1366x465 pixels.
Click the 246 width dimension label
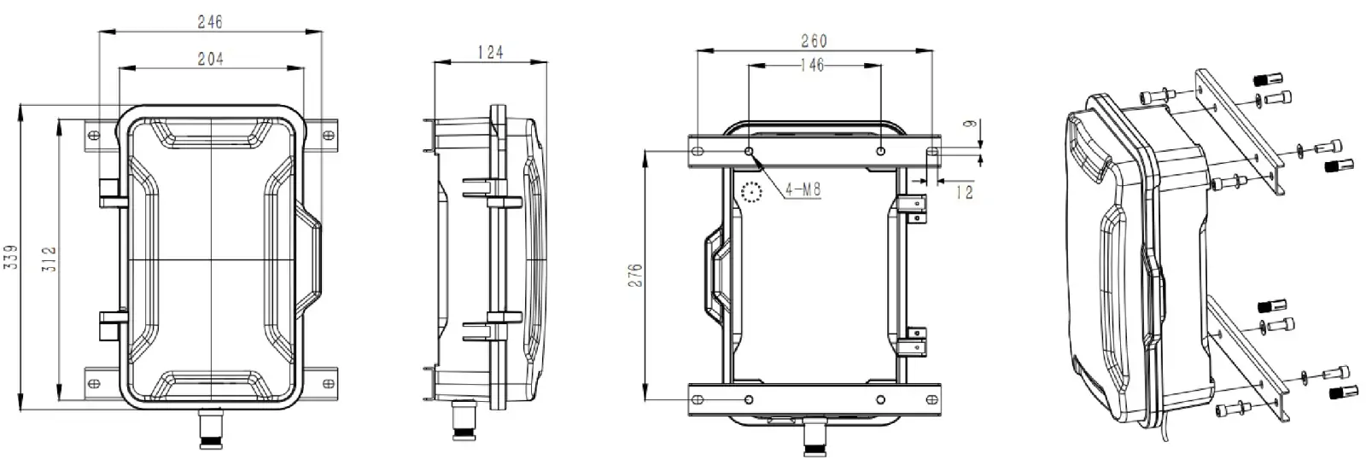210,23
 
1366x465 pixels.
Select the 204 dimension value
210,59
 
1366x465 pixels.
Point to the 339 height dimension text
10,255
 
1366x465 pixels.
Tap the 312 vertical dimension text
49,255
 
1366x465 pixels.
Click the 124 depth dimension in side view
489,52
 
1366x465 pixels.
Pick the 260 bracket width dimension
813,40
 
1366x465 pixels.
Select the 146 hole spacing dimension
813,65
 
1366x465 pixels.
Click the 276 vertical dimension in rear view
634,275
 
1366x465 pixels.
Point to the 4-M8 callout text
802,189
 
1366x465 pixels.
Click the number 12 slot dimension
964,194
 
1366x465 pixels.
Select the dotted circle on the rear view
751,194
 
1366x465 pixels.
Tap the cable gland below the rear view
814,439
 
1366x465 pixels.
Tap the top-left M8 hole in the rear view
750,151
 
